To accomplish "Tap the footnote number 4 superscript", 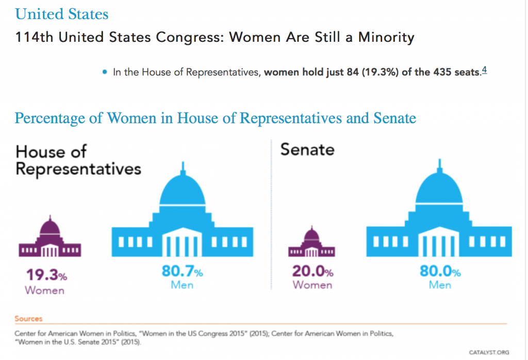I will (x=484, y=71).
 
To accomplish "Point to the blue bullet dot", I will (x=105, y=72).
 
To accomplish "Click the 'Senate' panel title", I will (x=307, y=150).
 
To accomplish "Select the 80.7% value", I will (x=182, y=272).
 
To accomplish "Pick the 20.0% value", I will (x=313, y=271).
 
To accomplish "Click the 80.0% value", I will (x=440, y=272).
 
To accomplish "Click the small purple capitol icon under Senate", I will (x=311, y=243).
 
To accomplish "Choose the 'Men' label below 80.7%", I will (x=183, y=285).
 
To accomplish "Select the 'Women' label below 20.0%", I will (x=312, y=285).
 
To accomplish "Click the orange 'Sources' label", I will (x=28, y=319).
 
